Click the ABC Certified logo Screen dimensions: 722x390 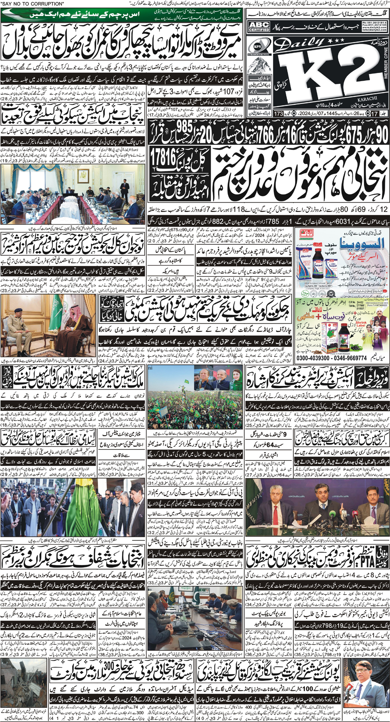click(x=259, y=27)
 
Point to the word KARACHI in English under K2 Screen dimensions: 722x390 click(x=366, y=98)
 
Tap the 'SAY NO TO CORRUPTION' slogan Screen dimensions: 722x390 click(x=33, y=4)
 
